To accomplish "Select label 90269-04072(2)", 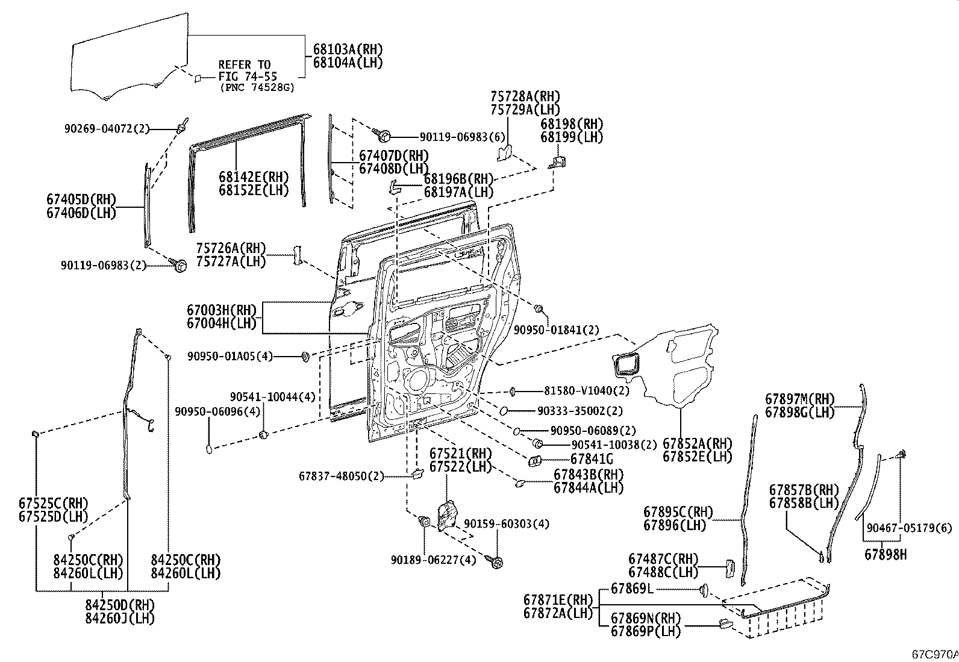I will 106,128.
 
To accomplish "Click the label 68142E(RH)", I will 254,178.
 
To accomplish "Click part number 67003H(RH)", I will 221,311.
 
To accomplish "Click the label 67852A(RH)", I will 697,443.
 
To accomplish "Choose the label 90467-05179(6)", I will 909,528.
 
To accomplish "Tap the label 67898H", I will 885,555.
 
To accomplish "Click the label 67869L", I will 631,589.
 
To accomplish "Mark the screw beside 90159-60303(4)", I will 498,561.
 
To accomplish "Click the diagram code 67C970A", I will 934,654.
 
